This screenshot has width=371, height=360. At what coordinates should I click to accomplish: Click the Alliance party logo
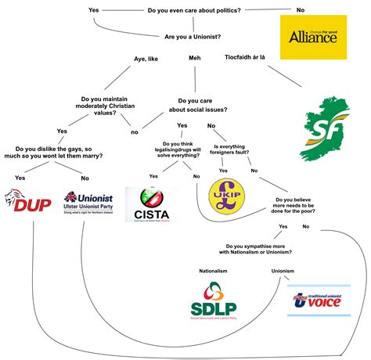[313, 37]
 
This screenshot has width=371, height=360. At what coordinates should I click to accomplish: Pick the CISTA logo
[152, 203]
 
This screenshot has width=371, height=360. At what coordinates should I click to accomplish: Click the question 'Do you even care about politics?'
[195, 9]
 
